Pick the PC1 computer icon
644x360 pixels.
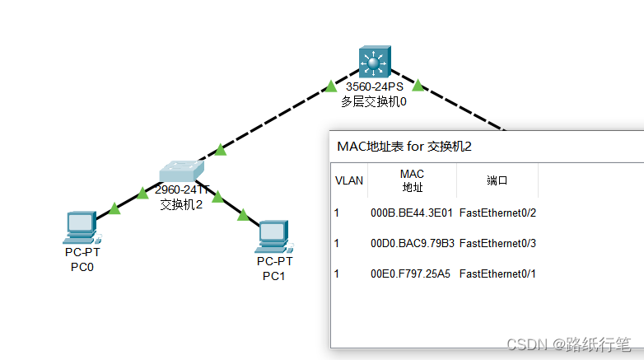pos(273,236)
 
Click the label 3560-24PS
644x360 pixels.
pos(375,86)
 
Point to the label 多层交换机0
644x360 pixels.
pos(375,102)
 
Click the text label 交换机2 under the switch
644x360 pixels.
pos(180,204)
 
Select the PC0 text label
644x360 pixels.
pos(82,267)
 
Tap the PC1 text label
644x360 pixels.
pos(273,275)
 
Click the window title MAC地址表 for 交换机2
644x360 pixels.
pos(403,147)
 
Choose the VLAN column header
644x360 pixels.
pos(348,180)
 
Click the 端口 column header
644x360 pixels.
pos(497,180)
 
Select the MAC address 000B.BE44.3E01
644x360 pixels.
pos(412,213)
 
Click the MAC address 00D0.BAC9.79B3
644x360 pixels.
pos(412,243)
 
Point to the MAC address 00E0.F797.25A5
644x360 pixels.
pos(412,274)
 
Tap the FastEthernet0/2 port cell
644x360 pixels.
pos(497,213)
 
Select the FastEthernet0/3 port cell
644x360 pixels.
pos(497,243)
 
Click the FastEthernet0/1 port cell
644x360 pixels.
pos(497,274)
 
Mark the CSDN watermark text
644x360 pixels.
pos(568,344)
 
